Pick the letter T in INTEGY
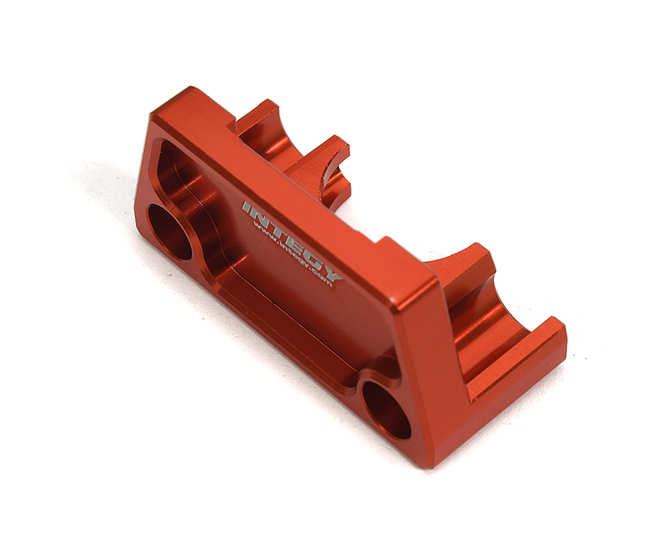[275, 227]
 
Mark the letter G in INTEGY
[309, 251]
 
